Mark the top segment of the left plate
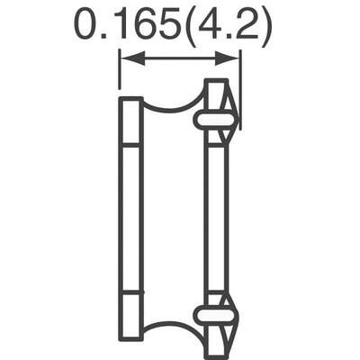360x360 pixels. (x=131, y=121)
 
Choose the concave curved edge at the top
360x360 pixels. (x=173, y=106)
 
